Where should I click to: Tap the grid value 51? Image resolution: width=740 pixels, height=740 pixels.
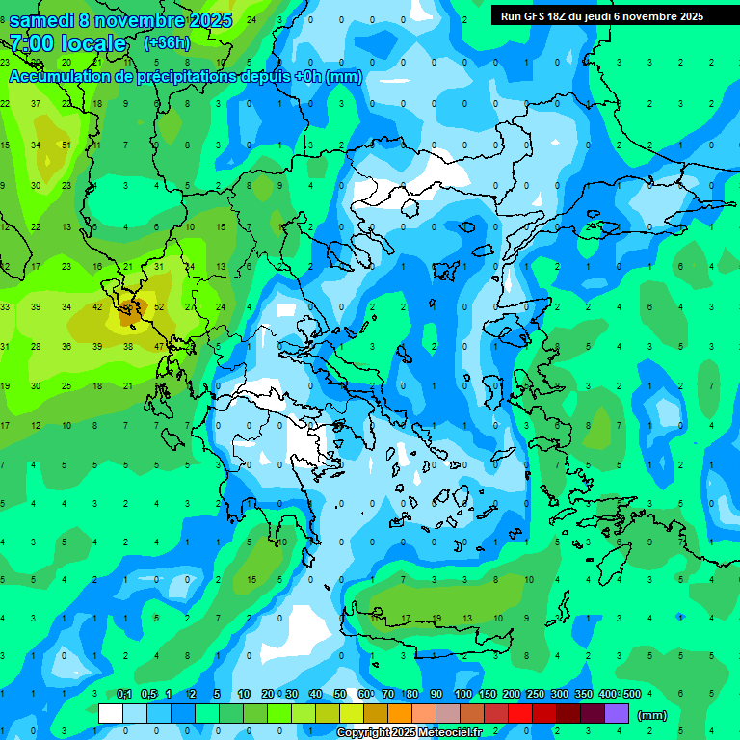pos(66,145)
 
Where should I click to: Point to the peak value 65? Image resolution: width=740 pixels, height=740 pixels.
pos(128,307)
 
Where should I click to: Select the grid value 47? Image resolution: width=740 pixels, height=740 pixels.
pos(159,346)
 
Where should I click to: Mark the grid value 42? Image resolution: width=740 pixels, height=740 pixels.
pos(97,307)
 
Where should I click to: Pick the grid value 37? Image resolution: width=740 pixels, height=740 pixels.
pos(36,103)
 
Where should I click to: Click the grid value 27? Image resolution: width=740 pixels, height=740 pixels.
pos(190,307)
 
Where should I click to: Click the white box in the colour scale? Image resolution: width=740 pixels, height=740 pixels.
pos(111,714)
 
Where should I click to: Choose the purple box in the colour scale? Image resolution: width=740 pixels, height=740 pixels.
pos(617,714)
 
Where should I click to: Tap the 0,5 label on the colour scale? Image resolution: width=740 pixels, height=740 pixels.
pos(148,695)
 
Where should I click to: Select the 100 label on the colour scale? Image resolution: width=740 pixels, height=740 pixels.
pos(463,695)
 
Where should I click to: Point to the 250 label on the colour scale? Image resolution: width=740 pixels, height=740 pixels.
pos(536,695)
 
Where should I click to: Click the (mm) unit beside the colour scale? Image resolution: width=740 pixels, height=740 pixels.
pos(652,715)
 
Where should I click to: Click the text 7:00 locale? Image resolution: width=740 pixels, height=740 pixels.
pos(67,43)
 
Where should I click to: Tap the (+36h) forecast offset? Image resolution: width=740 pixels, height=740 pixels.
pos(167,43)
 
